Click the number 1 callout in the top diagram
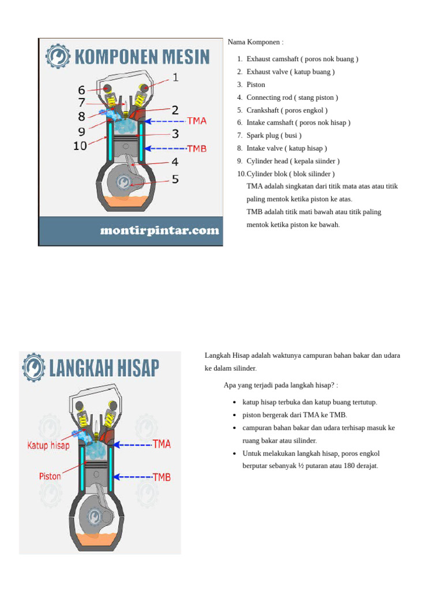[x=175, y=77]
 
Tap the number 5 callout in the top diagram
[x=175, y=179]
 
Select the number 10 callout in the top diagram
[x=80, y=146]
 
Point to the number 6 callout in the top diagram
[x=81, y=90]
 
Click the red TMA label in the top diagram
[x=197, y=121]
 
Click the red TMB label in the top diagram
[x=197, y=148]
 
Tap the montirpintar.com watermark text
[x=159, y=231]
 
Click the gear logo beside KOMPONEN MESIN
[x=58, y=57]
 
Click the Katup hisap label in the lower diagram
[x=48, y=446]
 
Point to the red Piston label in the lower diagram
[x=50, y=477]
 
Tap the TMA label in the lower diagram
[x=162, y=444]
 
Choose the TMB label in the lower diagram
[x=162, y=477]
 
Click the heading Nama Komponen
[x=256, y=42]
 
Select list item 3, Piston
[x=256, y=84]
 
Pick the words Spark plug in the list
[x=262, y=135]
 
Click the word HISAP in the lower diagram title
[x=137, y=368]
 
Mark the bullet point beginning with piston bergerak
[x=295, y=415]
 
